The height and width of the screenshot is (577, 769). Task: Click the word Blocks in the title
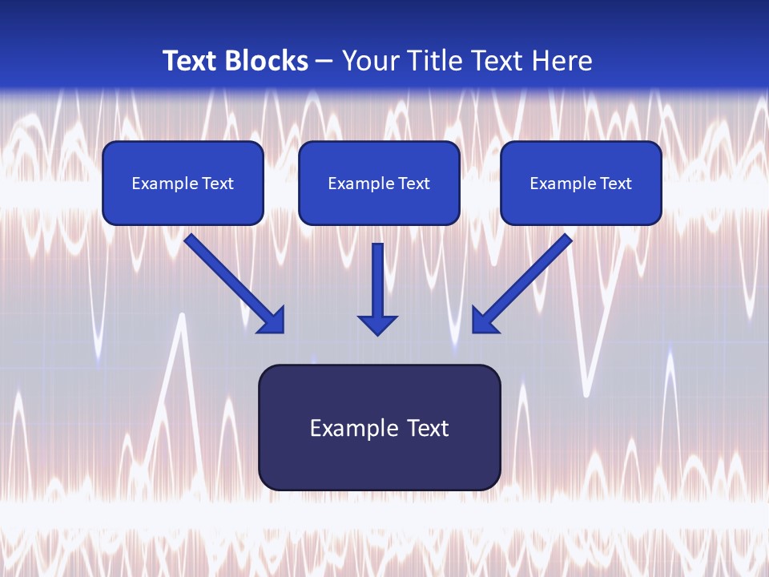267,61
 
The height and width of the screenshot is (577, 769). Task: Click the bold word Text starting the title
191,61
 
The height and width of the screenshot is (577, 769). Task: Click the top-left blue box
183,183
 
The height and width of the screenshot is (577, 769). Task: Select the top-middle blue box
379,183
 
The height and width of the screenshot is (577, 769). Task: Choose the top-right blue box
582,183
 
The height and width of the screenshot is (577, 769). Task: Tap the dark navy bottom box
380,427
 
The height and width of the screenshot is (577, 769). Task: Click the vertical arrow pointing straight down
377,289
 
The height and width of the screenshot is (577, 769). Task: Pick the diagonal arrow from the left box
234,284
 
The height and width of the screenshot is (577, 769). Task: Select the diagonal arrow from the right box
522,284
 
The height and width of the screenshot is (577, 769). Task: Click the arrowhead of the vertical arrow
377,325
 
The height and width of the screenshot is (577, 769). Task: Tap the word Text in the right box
616,183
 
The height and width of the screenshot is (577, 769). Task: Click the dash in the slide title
324,63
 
